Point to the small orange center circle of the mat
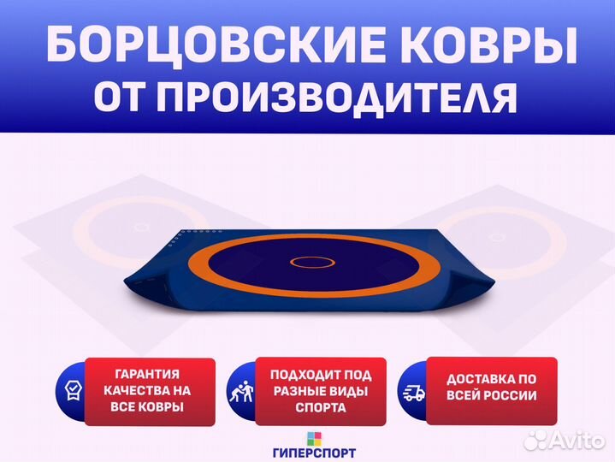click(312, 262)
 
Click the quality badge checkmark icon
click(73, 391)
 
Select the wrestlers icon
click(241, 391)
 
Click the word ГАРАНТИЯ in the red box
click(147, 374)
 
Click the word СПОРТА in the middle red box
click(321, 407)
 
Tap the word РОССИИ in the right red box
click(511, 395)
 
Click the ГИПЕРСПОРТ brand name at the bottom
click(314, 453)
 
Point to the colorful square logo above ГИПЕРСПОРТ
click(314, 439)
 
